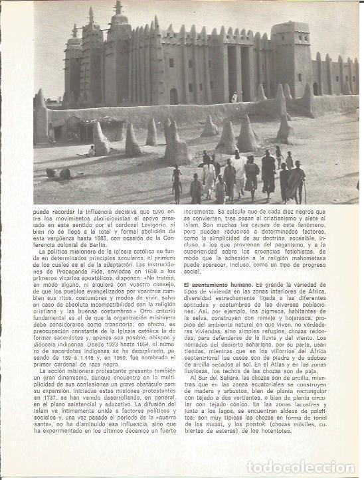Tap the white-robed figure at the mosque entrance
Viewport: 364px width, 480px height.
(x=234, y=97)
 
